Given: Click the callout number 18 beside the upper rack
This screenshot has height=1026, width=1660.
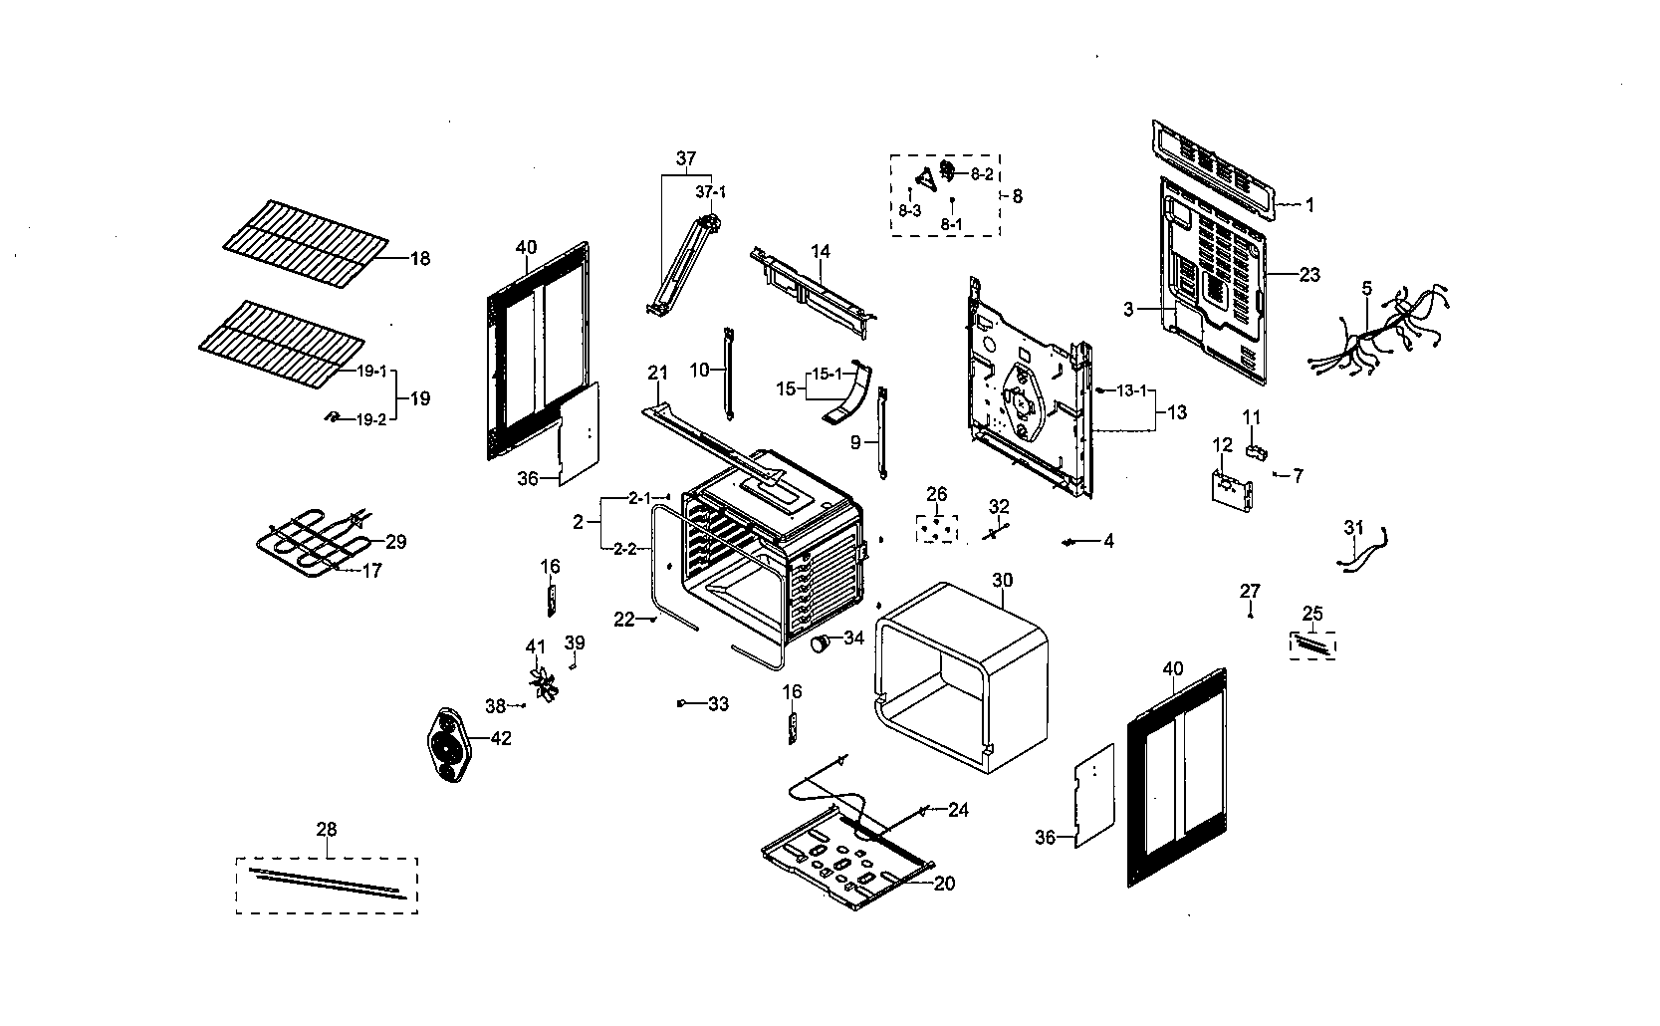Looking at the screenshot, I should click(x=419, y=259).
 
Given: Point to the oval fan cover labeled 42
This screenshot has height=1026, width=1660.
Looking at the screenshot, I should click(x=449, y=743).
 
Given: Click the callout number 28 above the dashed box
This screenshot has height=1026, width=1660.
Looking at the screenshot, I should click(x=326, y=829).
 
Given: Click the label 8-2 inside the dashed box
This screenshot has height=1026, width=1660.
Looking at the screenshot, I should click(x=981, y=174).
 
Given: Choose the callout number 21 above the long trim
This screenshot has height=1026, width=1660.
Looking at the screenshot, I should click(x=657, y=373).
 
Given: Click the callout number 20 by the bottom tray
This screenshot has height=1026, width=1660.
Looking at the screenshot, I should click(x=945, y=884).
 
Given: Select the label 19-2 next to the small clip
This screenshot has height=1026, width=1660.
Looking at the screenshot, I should click(x=371, y=420).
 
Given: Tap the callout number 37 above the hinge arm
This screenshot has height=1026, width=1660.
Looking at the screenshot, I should click(x=686, y=158).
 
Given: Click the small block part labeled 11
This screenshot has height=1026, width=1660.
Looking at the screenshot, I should click(x=1256, y=453).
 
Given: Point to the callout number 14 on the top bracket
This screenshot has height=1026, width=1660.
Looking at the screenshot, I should click(x=820, y=252).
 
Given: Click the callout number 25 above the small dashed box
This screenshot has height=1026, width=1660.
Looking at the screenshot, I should click(x=1312, y=613).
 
